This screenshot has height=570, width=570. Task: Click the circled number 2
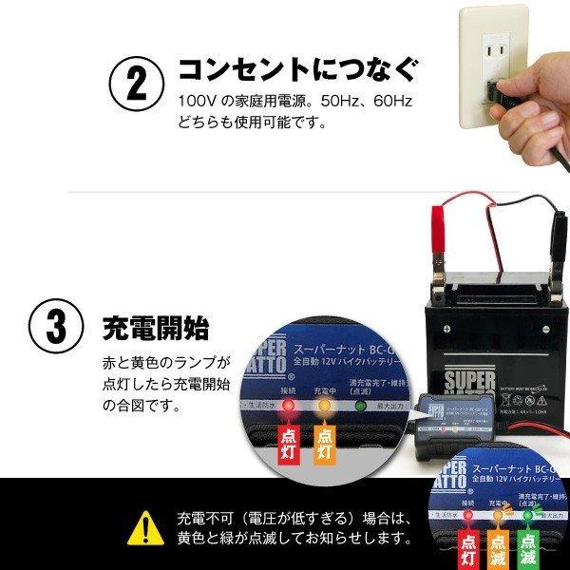[137, 85]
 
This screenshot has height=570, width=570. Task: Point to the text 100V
[193, 101]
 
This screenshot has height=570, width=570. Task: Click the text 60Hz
[388, 101]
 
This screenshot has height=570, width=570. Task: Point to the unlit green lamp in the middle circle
[361, 408]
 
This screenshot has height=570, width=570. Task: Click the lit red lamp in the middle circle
[288, 408]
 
